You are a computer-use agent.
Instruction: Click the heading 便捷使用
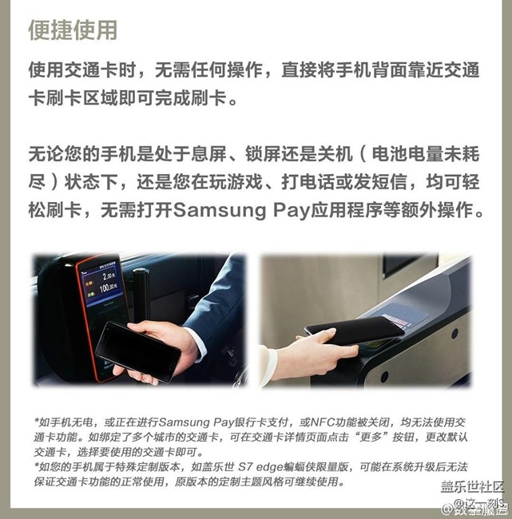click(73, 30)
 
